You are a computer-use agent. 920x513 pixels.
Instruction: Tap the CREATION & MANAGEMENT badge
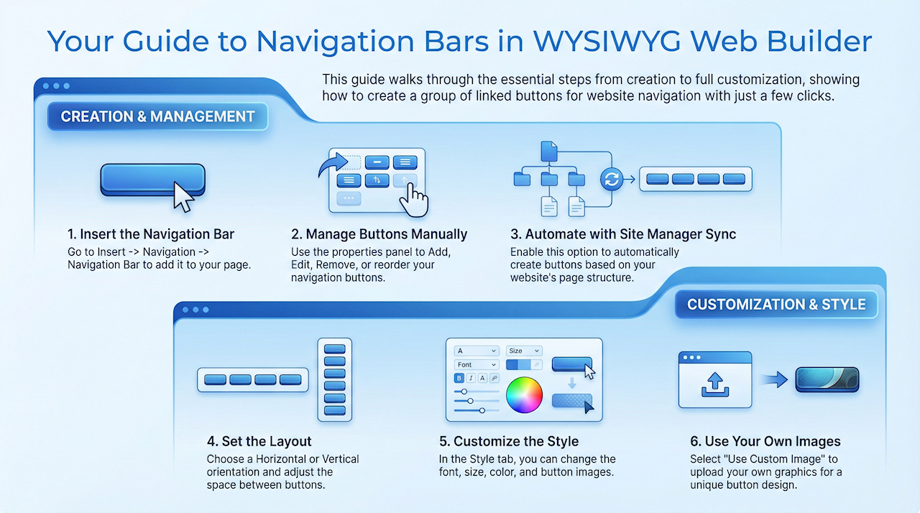(x=157, y=116)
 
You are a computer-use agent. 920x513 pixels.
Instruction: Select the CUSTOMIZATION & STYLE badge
(x=776, y=304)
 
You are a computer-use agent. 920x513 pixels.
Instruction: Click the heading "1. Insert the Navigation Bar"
(x=151, y=234)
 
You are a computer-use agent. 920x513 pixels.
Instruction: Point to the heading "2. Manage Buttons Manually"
(x=379, y=234)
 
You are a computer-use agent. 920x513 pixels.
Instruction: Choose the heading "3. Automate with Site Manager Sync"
(x=623, y=234)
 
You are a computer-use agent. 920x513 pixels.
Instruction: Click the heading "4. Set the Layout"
(x=259, y=441)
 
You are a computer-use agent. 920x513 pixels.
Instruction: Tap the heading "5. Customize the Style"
(x=509, y=441)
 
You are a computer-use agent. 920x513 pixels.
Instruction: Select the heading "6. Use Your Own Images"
(x=765, y=441)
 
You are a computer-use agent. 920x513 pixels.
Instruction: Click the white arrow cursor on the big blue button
(x=183, y=196)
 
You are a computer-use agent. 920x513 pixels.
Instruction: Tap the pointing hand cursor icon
(x=413, y=198)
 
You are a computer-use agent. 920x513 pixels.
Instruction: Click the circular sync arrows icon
(x=612, y=179)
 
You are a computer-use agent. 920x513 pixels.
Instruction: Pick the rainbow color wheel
(x=524, y=394)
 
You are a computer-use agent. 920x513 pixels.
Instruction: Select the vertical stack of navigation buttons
(x=335, y=379)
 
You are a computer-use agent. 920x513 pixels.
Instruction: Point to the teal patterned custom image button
(x=827, y=379)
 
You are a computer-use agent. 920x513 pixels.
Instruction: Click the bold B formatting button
(x=459, y=378)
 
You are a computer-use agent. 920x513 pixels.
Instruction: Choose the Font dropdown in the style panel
(x=477, y=365)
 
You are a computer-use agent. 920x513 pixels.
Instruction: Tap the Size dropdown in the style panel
(x=523, y=351)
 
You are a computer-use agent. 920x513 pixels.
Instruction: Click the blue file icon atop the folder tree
(x=548, y=151)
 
